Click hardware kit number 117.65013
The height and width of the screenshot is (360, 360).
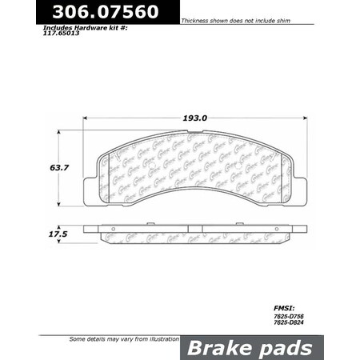(62, 34)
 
